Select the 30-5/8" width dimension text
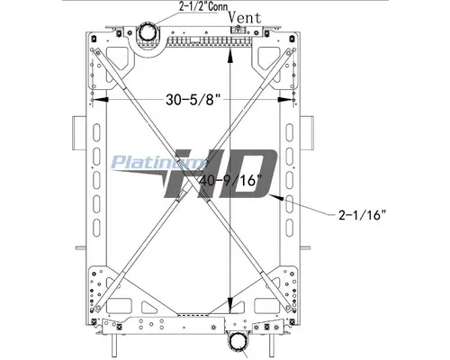tap(193, 100)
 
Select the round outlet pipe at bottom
tap(241, 343)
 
